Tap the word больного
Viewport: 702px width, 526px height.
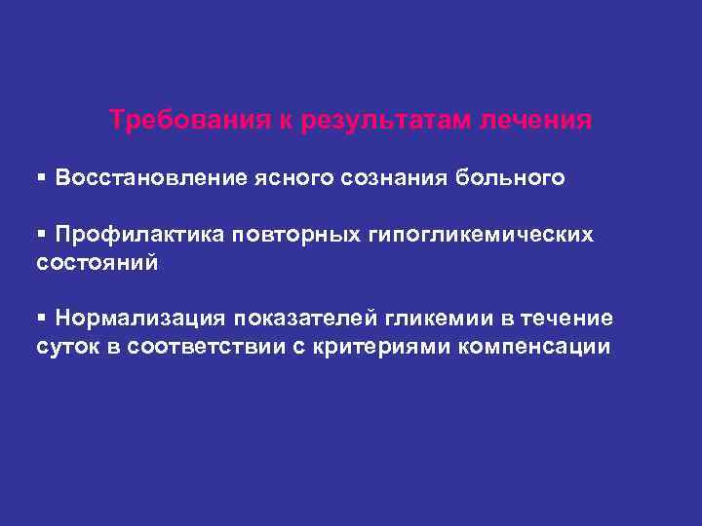pos(516,178)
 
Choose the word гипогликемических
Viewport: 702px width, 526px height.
pos(486,235)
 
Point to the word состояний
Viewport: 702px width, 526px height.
pos(96,263)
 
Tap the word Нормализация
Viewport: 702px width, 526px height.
pos(141,319)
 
